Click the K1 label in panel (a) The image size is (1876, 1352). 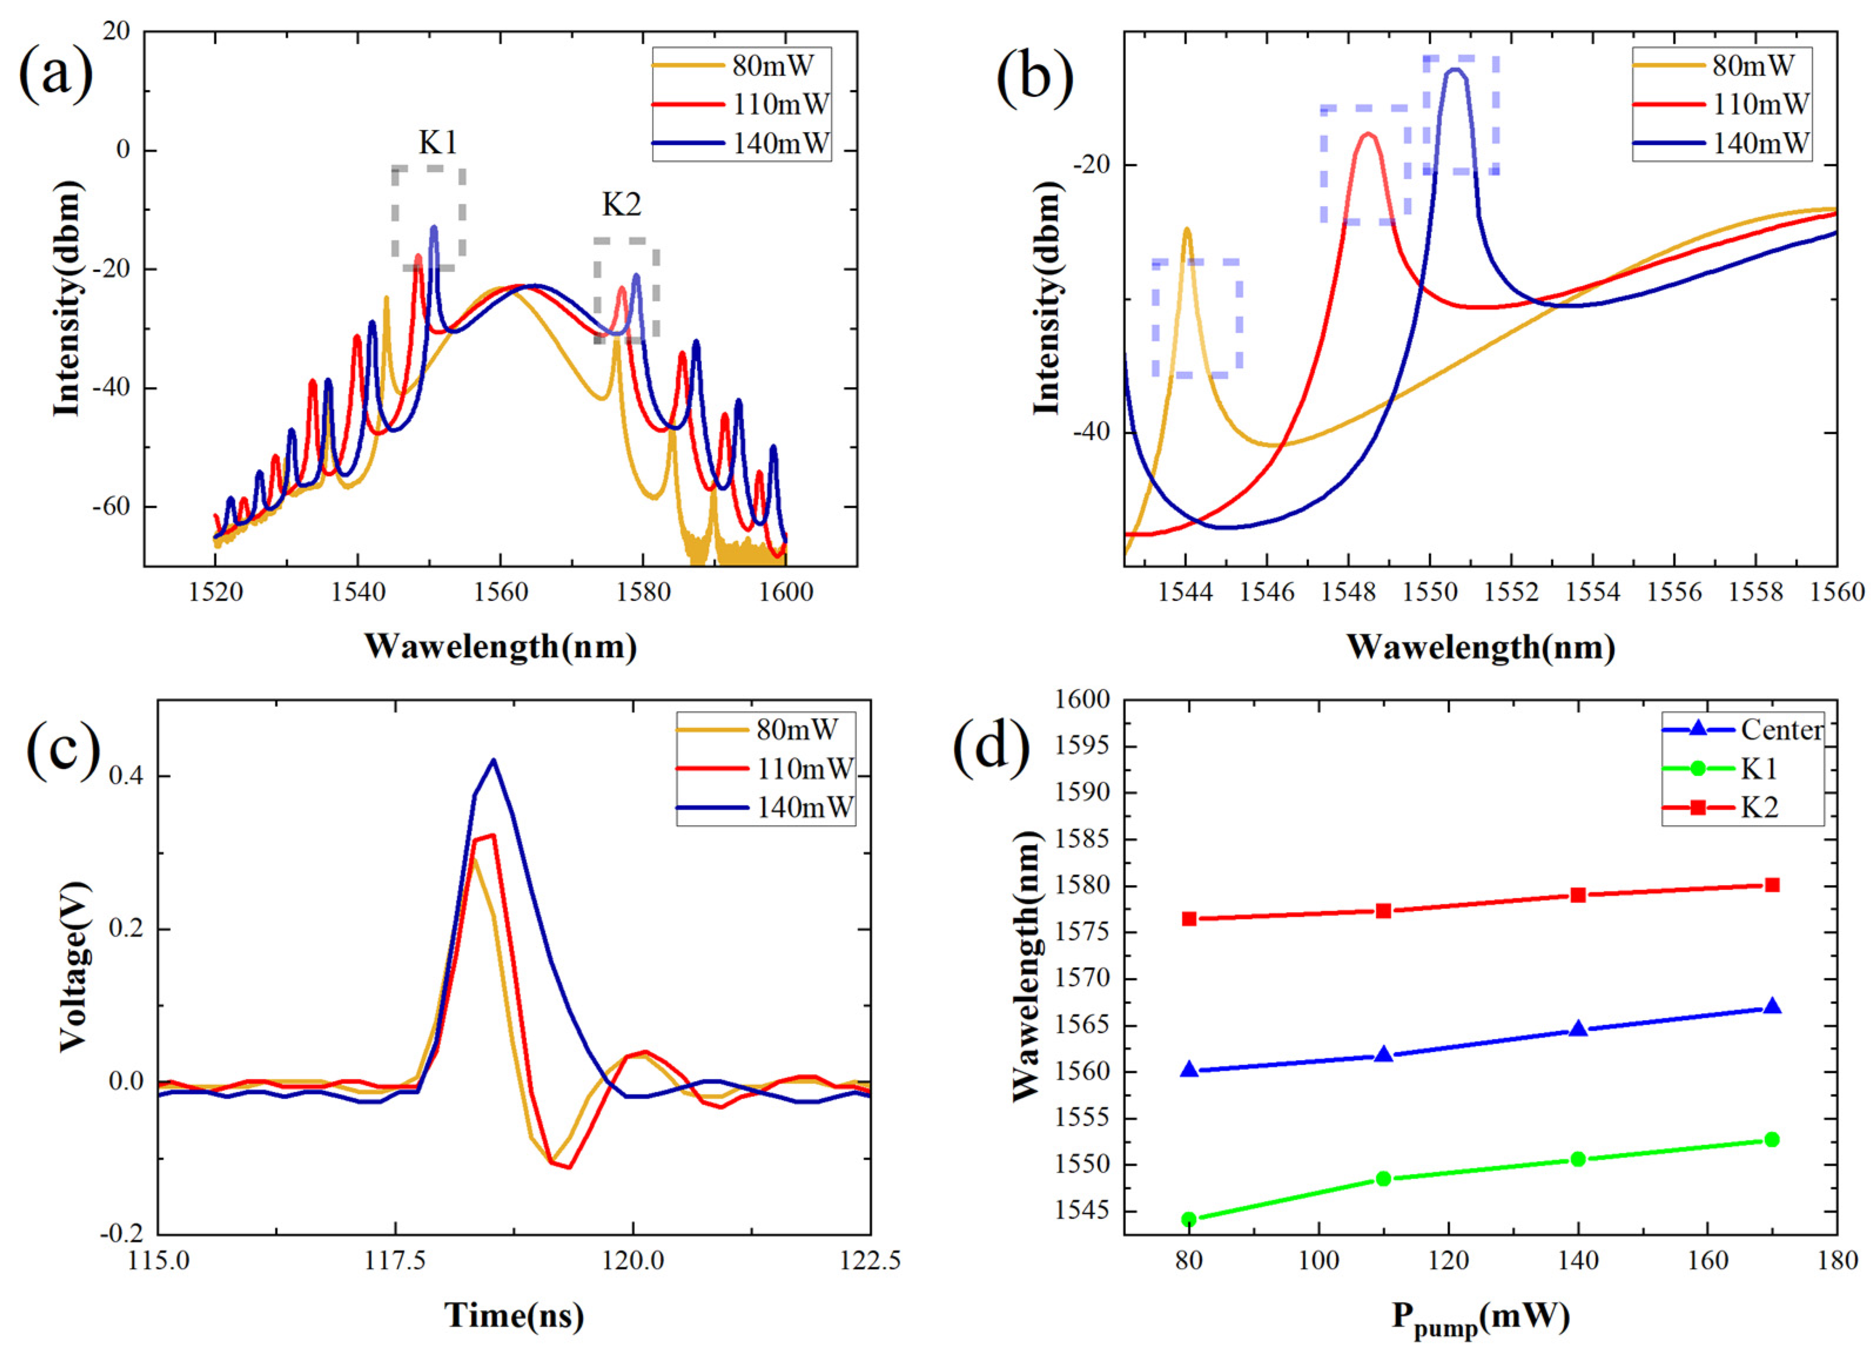[438, 143]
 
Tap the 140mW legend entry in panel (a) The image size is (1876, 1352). [779, 144]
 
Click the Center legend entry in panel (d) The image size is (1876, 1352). [1781, 729]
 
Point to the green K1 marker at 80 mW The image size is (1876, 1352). [1189, 1219]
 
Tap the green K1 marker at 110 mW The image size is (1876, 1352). [1383, 1178]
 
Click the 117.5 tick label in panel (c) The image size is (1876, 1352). [395, 1261]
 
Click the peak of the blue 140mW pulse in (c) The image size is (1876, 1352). [494, 760]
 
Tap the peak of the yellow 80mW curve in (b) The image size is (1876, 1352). [1187, 229]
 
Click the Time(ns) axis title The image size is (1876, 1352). [514, 1315]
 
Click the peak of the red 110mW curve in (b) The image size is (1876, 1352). [1368, 134]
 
